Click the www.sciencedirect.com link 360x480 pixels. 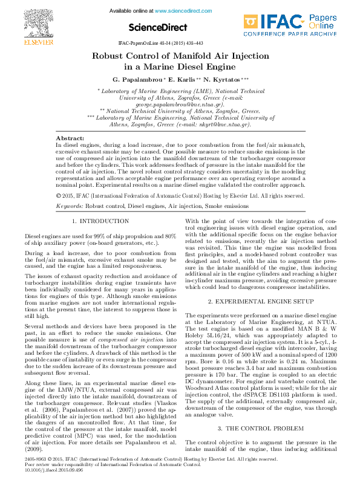[x=178, y=11]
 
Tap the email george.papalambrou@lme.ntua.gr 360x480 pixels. [x=180, y=104]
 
